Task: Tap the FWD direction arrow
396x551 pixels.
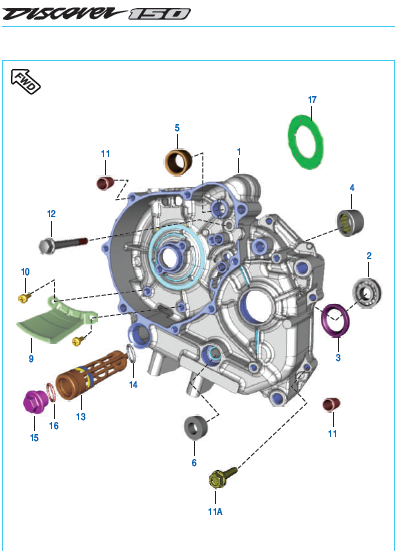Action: [x=26, y=81]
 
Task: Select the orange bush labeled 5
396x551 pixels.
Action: [x=178, y=162]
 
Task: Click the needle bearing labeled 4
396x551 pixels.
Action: [x=350, y=223]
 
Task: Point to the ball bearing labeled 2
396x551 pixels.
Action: [x=367, y=292]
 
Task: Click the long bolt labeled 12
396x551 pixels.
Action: [x=63, y=243]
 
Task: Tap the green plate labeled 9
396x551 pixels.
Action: [x=53, y=323]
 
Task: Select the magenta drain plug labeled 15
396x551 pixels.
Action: [x=34, y=402]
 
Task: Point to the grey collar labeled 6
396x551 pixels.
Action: [x=195, y=427]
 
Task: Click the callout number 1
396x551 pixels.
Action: [x=239, y=152]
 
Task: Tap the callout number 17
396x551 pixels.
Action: [x=312, y=100]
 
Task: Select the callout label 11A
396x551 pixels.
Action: [x=215, y=512]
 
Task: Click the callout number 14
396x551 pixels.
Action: [x=133, y=385]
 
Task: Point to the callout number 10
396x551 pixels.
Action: [x=25, y=272]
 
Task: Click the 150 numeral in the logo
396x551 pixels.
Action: [x=159, y=14]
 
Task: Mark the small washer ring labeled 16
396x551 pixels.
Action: [x=51, y=393]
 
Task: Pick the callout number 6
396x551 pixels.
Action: [x=194, y=463]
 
